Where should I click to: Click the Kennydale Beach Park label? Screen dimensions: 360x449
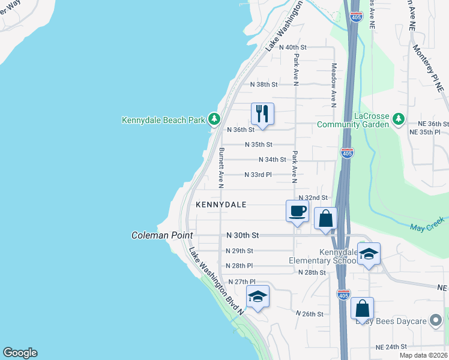(164, 120)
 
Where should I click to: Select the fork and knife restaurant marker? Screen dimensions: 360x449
(262, 113)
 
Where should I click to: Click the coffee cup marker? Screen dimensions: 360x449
(298, 211)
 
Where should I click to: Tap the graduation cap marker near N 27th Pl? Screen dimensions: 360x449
(258, 296)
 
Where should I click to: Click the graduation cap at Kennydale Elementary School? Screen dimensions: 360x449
(369, 254)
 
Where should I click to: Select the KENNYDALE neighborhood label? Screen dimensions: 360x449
(221, 205)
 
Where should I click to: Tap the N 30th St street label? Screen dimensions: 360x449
(243, 236)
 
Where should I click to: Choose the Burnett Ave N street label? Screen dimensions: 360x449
(221, 165)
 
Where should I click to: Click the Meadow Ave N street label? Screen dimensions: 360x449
(334, 83)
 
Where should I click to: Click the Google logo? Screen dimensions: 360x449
(20, 353)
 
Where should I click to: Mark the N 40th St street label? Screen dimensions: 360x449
(292, 47)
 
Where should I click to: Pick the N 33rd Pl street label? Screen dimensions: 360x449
(258, 175)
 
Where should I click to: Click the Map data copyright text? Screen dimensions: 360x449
(424, 355)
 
